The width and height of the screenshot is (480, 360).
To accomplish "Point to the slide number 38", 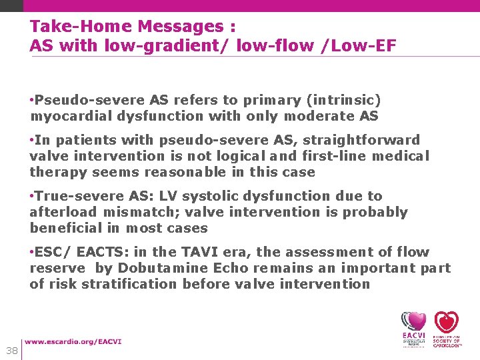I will coord(11,351).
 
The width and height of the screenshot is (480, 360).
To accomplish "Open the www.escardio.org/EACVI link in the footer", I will coord(73,342).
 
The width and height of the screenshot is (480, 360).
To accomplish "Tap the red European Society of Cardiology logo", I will coord(447,329).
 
